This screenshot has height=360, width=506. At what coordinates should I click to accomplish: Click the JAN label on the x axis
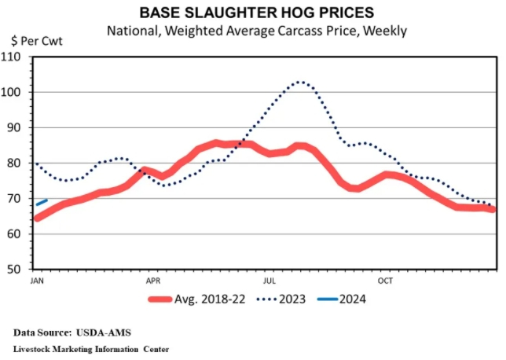(37, 280)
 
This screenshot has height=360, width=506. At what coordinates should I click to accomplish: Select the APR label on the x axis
(153, 280)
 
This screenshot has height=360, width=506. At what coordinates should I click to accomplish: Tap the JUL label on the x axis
(269, 280)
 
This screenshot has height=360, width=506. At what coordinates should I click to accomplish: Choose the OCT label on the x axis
(385, 280)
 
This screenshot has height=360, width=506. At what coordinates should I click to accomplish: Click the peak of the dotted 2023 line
(299, 82)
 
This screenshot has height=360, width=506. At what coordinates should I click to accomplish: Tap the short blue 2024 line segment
(42, 202)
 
